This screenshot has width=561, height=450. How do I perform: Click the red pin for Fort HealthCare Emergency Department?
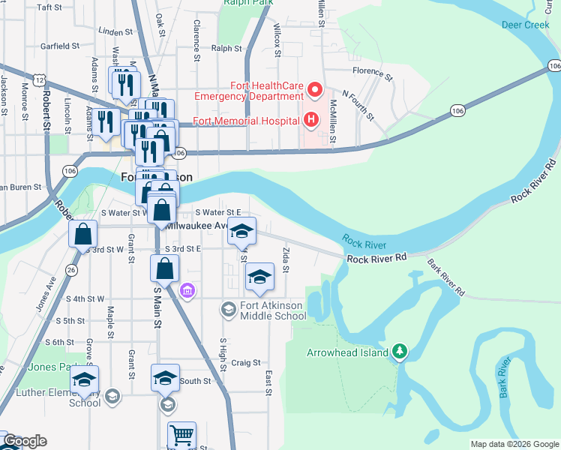pyautogui.click(x=315, y=92)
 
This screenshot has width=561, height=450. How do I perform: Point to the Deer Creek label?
pyautogui.click(x=526, y=25)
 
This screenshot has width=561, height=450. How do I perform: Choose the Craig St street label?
pyautogui.click(x=245, y=362)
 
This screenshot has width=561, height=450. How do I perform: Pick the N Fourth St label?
pyautogui.click(x=358, y=105)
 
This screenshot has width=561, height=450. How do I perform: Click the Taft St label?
pyautogui.click(x=49, y=7)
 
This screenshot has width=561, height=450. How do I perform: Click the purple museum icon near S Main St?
pyautogui.click(x=187, y=289)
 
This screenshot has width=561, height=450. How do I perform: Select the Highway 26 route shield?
pyautogui.click(x=71, y=269)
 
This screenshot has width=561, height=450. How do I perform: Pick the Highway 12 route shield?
pyautogui.click(x=40, y=79)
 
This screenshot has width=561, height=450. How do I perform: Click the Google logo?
pyautogui.click(x=25, y=442)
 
